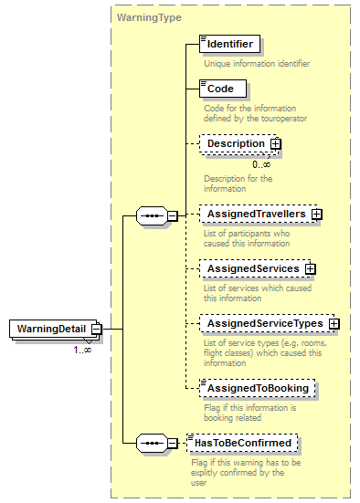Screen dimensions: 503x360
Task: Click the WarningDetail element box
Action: [x=50, y=329]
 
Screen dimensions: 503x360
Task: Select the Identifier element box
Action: [x=230, y=44]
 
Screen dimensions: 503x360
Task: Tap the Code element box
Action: [x=220, y=89]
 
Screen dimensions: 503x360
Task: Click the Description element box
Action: [x=234, y=144]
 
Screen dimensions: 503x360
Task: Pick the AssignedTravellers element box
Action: [x=254, y=214]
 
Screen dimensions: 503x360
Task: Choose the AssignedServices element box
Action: [x=252, y=268]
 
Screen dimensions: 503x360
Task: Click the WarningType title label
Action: [x=149, y=17]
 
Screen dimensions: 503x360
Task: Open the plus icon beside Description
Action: [x=275, y=144]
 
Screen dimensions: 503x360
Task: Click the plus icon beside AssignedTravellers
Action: [x=317, y=214]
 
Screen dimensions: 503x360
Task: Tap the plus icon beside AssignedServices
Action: [x=311, y=268]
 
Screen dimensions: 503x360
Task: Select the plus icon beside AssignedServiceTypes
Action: [x=334, y=323]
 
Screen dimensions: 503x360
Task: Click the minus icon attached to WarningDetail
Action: [x=96, y=329]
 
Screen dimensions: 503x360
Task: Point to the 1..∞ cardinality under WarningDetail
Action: [x=82, y=348]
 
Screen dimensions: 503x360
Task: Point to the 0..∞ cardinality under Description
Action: [x=261, y=163]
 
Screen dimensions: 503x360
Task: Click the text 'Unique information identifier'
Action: [x=257, y=64]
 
